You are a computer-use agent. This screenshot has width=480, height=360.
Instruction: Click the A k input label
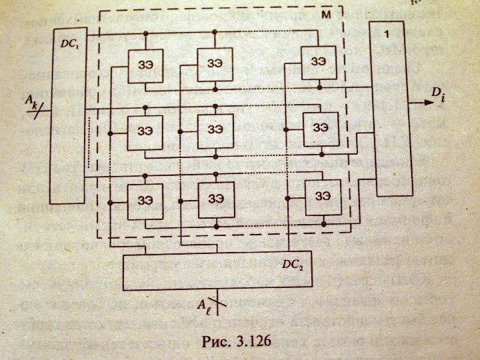click(32, 101)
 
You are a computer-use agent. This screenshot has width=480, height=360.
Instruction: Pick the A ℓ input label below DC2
click(204, 305)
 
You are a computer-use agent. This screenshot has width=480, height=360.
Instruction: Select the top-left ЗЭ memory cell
click(145, 65)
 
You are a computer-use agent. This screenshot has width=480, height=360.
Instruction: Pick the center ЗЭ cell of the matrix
click(215, 129)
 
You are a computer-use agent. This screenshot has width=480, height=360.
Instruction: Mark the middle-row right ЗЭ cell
click(320, 127)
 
